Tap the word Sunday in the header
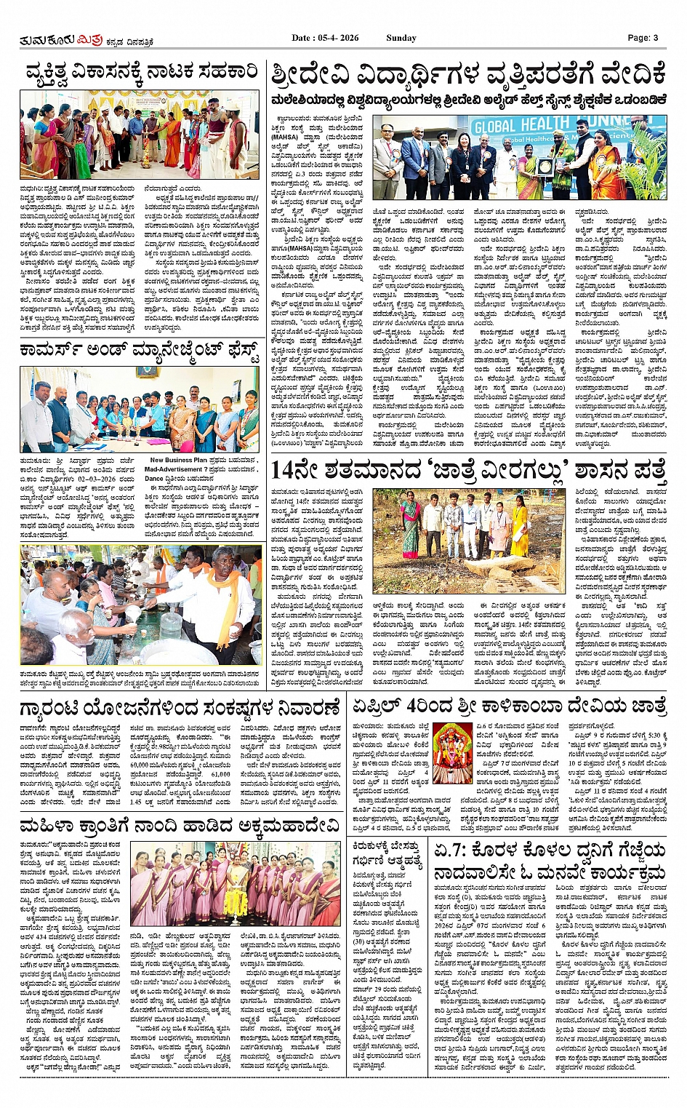[401, 38]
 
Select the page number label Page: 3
[643, 38]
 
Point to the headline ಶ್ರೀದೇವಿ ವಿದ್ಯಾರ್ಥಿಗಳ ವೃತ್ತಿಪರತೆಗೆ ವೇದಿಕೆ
[468, 76]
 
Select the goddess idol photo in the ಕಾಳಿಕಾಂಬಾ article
[452, 752]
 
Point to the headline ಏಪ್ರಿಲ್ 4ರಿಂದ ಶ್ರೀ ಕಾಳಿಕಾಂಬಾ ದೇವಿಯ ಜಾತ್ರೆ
[509, 706]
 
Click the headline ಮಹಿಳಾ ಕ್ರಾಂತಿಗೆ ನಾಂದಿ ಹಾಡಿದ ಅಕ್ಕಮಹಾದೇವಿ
[180, 825]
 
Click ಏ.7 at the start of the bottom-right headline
[451, 850]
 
